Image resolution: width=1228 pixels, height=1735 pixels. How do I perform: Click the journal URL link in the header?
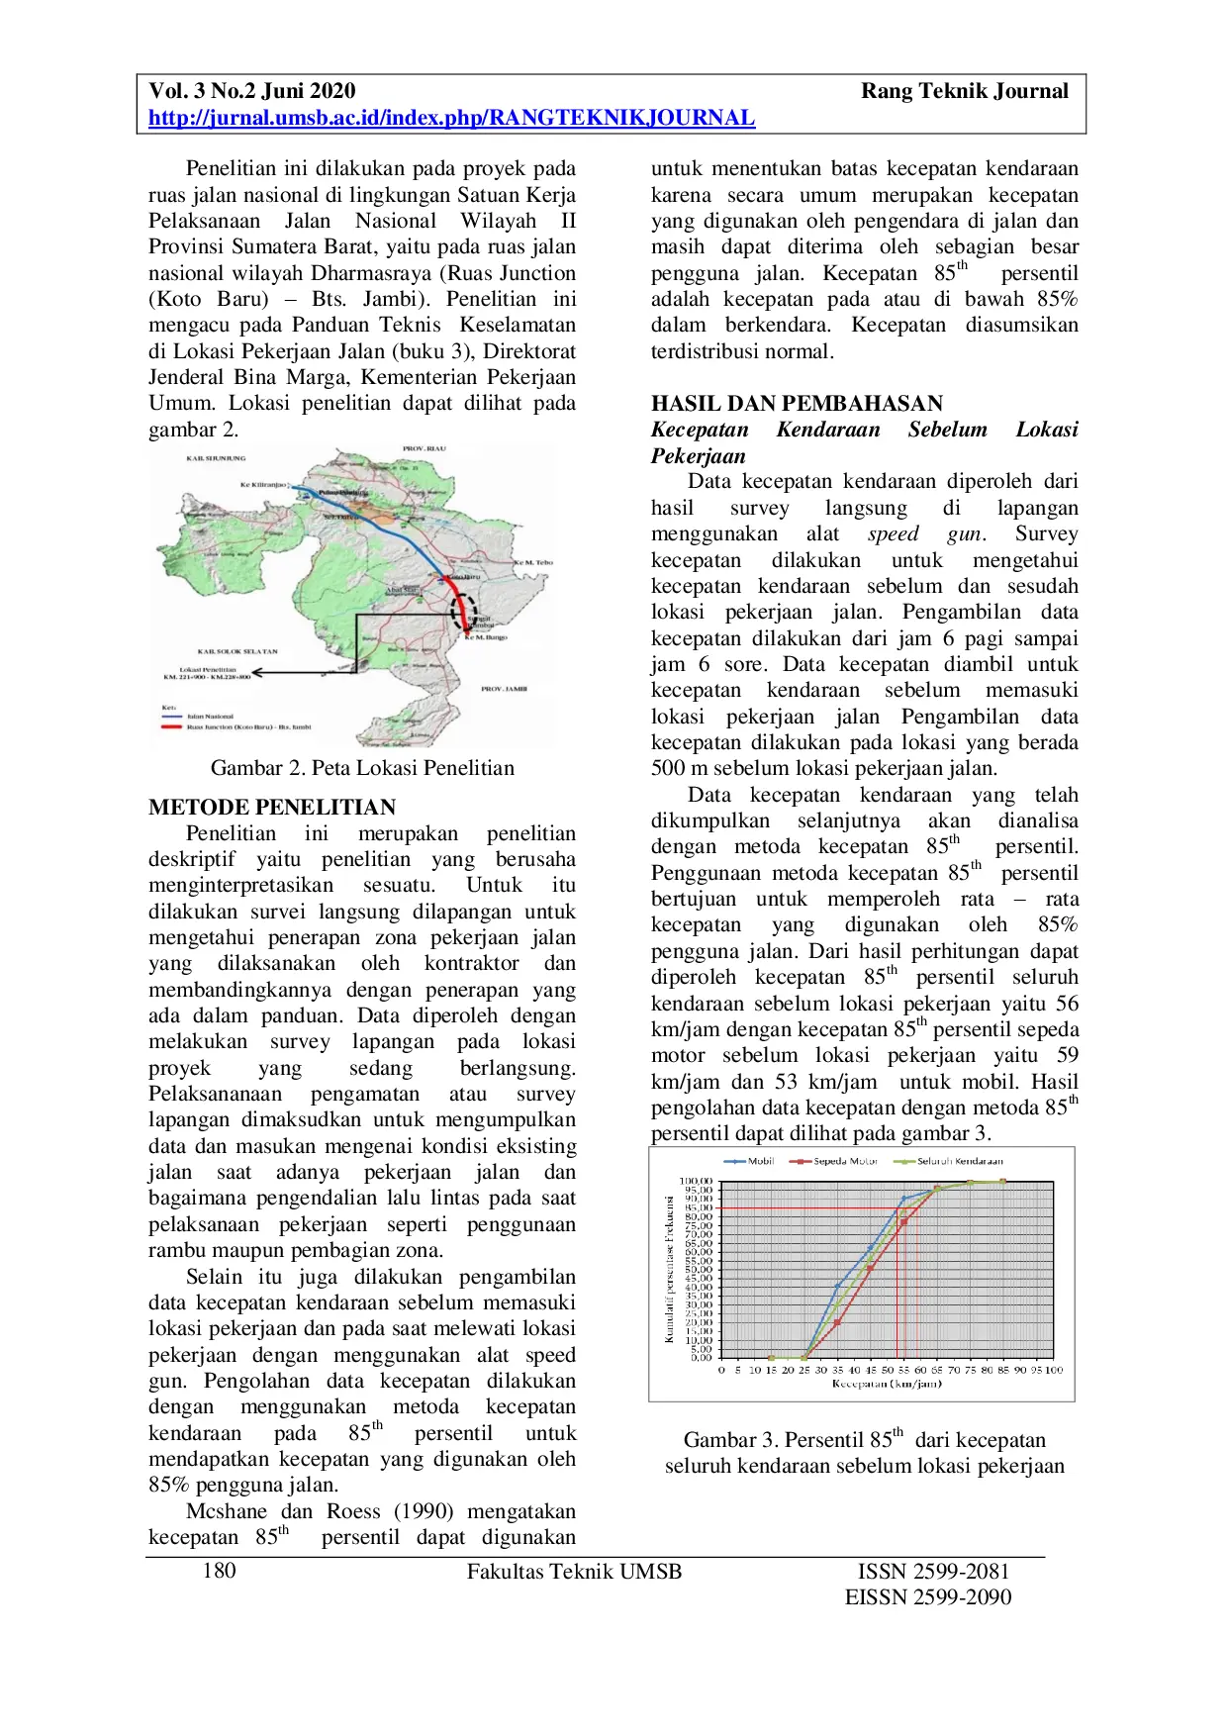tap(451, 119)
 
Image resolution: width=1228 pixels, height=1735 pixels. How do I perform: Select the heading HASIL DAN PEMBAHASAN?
tap(797, 404)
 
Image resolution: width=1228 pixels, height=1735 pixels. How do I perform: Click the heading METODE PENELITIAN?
tap(272, 808)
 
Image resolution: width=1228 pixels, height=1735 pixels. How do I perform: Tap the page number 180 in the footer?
tap(219, 1571)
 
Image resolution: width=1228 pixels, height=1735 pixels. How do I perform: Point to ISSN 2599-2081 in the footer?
tap(933, 1571)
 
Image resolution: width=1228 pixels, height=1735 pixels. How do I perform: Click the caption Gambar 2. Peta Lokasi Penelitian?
tap(362, 768)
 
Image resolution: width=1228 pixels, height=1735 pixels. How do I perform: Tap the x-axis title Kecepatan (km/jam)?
tap(887, 1384)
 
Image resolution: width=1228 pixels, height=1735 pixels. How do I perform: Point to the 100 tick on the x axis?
tap(1053, 1371)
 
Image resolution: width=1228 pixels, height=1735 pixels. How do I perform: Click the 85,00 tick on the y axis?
tap(697, 1208)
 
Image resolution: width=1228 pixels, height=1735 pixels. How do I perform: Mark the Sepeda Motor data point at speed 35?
tap(837, 1321)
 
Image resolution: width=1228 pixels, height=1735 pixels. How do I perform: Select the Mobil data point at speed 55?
tap(902, 1200)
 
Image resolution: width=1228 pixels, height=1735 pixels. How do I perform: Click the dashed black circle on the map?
tap(463, 612)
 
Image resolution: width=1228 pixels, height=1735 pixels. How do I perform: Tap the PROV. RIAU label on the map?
tap(424, 449)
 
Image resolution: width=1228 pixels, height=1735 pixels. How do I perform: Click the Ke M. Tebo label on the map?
tap(533, 563)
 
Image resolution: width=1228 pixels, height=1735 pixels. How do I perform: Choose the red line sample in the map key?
tap(173, 727)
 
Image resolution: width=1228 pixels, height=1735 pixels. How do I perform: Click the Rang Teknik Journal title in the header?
tap(964, 91)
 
